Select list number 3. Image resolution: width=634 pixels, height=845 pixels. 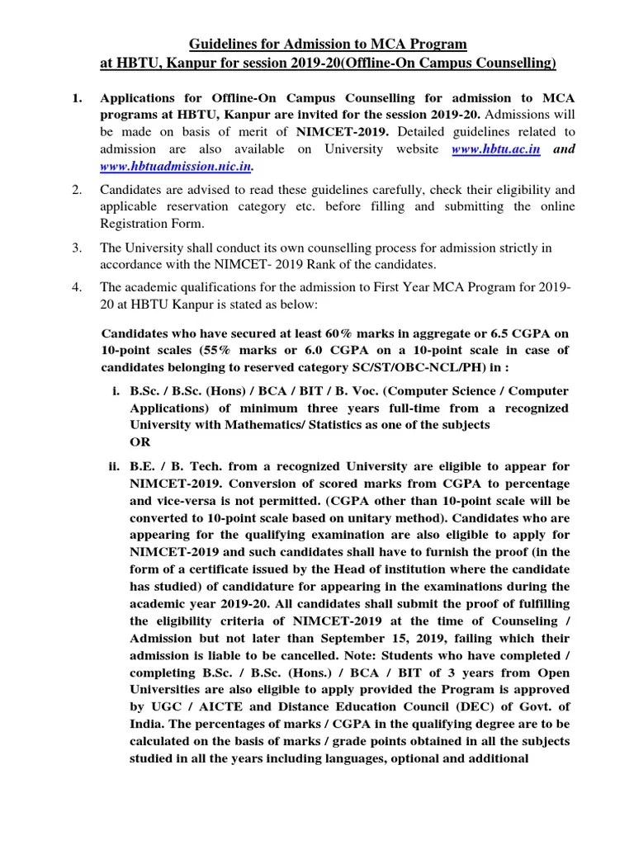tap(76, 248)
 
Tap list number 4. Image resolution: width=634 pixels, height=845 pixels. tap(76, 287)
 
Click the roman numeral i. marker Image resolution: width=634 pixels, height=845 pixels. tap(116, 392)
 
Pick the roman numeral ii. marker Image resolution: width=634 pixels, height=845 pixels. tap(115, 466)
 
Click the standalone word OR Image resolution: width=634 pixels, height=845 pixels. tap(140, 441)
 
